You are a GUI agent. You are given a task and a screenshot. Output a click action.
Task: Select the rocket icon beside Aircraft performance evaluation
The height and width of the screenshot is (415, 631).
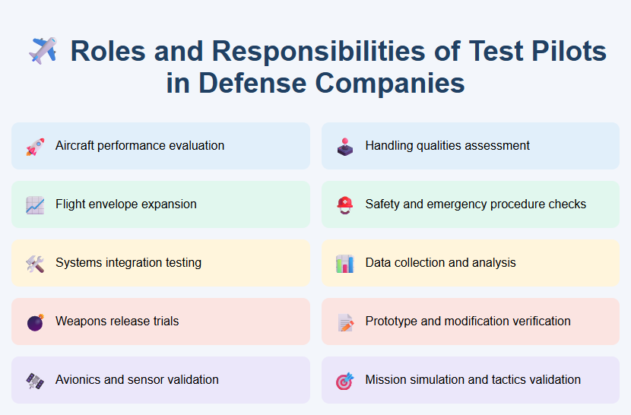[35, 146]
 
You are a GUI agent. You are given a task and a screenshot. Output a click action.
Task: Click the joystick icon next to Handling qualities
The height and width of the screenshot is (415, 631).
[345, 146]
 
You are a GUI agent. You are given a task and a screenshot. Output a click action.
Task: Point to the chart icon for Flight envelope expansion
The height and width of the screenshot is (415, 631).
[35, 204]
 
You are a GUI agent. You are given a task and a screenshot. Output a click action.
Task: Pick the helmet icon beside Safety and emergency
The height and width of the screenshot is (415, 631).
[345, 204]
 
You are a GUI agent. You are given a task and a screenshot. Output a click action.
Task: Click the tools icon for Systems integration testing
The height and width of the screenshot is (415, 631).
[35, 263]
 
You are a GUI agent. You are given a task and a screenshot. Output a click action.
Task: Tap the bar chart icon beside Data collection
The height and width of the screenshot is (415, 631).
[345, 263]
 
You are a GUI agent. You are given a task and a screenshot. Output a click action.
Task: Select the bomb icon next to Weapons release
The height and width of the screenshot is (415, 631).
[35, 322]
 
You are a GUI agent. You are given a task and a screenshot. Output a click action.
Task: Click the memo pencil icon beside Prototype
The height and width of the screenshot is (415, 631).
[345, 322]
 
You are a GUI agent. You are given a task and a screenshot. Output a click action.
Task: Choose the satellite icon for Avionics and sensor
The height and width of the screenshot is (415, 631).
[35, 380]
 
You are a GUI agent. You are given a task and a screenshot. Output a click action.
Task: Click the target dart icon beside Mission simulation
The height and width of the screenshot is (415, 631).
[345, 380]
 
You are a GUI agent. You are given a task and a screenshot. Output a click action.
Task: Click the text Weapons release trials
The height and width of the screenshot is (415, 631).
[117, 322]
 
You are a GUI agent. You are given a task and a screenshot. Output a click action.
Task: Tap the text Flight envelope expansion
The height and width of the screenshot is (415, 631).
[126, 204]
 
